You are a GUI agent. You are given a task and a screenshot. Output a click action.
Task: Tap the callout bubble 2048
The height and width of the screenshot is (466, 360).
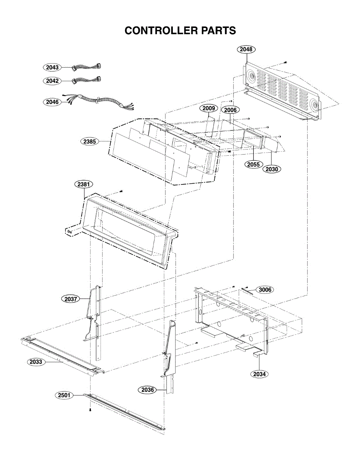click(246, 49)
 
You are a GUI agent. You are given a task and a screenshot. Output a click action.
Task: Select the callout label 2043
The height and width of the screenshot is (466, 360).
click(52, 67)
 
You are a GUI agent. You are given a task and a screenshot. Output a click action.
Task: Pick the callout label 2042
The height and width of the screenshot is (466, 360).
click(52, 81)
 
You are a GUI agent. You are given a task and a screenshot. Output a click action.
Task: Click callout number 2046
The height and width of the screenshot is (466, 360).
click(52, 102)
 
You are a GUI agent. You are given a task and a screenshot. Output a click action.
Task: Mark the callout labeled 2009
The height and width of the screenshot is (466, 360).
click(208, 108)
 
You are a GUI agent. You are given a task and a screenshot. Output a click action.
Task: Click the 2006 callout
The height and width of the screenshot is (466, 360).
click(230, 110)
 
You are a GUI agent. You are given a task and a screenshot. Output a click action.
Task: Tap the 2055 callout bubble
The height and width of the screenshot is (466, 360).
click(253, 164)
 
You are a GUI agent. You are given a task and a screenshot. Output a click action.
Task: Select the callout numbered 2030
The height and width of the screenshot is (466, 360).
click(272, 169)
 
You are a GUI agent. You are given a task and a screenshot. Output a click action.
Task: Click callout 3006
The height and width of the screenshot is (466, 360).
click(265, 290)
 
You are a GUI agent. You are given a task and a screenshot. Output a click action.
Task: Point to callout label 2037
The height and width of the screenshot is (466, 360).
click(70, 299)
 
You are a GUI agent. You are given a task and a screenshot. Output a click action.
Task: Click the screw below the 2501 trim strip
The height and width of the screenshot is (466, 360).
click(90, 410)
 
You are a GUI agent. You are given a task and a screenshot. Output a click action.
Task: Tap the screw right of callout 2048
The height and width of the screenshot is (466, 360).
click(286, 62)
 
